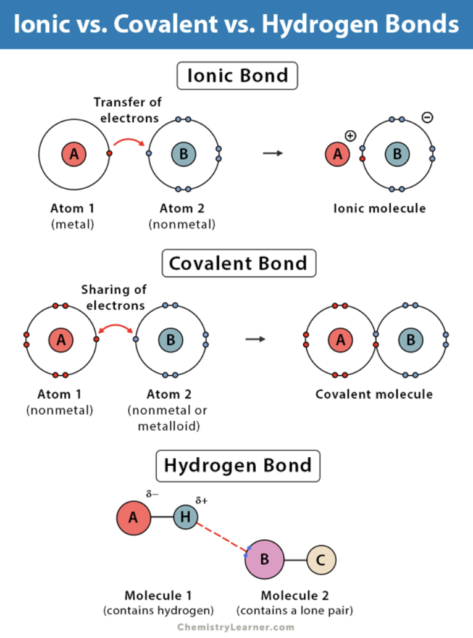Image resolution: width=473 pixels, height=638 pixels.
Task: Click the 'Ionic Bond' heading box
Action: tap(238, 76)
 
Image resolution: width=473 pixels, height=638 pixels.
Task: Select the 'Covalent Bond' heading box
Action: tap(238, 263)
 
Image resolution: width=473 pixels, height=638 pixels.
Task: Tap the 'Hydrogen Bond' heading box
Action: tap(238, 465)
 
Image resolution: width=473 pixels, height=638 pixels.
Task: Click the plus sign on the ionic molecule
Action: tap(350, 136)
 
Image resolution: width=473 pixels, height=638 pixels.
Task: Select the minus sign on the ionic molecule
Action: tap(427, 117)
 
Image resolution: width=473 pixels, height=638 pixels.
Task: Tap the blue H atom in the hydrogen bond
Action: tap(185, 517)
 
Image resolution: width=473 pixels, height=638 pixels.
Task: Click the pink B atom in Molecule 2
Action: tap(264, 560)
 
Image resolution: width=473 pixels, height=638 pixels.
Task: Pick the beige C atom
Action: tap(321, 560)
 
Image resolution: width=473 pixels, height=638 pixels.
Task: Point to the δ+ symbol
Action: tap(201, 500)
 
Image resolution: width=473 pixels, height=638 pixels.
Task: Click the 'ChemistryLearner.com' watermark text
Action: tap(236, 627)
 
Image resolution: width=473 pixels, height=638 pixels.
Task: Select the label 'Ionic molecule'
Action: tap(379, 209)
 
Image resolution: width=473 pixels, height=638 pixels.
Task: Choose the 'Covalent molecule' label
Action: tap(374, 394)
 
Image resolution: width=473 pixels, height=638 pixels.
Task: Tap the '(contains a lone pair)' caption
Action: tap(295, 611)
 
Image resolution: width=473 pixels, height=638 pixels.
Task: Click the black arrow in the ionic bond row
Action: tap(272, 152)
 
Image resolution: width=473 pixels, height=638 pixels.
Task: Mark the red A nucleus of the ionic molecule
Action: tap(337, 154)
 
